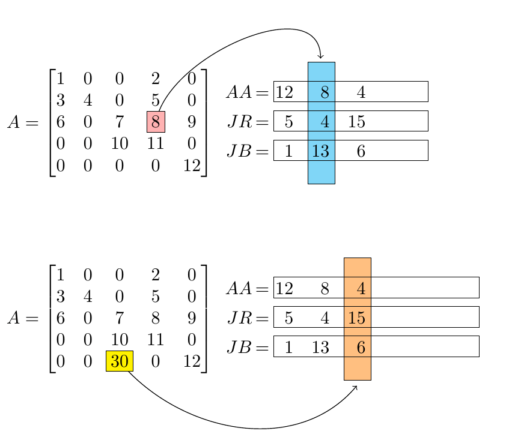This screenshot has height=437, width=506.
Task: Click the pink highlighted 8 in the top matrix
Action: click(x=156, y=122)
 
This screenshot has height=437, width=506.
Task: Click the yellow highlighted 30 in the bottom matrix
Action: click(x=119, y=361)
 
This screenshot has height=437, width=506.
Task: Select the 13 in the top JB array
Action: click(x=321, y=151)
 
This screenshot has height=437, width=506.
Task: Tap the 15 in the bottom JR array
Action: click(x=357, y=318)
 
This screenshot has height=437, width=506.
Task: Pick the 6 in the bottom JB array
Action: click(x=361, y=347)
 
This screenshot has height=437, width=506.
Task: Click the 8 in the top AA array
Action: click(x=325, y=92)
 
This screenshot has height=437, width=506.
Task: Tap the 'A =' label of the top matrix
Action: click(x=23, y=122)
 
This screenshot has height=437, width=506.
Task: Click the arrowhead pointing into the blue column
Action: click(x=321, y=58)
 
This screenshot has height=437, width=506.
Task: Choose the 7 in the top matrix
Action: click(x=119, y=122)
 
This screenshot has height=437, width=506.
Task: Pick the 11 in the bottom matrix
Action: click(x=156, y=340)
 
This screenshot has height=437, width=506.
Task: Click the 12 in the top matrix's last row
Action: click(x=192, y=166)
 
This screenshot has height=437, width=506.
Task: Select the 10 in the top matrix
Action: click(x=119, y=144)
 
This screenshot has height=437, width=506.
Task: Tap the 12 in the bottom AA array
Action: click(x=284, y=289)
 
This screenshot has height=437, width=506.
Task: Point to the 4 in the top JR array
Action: click(x=325, y=122)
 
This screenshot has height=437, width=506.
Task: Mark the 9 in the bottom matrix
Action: click(x=192, y=318)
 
